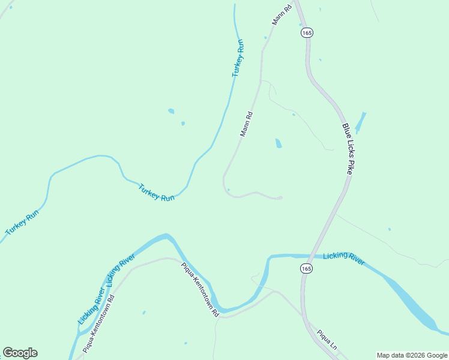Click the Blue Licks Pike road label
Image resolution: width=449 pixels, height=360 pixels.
point(347,149)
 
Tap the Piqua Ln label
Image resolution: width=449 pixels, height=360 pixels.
point(328,340)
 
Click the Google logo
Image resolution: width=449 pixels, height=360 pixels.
point(20,353)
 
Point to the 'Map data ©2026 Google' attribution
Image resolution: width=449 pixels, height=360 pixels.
point(412,355)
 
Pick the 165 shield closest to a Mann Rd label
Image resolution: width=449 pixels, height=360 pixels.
point(307,33)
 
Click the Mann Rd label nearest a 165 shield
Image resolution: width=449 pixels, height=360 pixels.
point(281,13)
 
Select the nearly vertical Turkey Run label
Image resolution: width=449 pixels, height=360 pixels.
point(238,58)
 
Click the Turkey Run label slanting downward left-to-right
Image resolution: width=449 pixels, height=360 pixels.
point(156,192)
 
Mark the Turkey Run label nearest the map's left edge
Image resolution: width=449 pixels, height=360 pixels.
point(22,222)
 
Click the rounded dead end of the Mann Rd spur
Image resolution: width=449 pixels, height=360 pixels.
point(280,197)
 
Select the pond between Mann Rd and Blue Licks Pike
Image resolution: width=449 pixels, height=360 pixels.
point(278,143)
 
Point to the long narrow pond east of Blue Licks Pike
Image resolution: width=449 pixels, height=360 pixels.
point(360,123)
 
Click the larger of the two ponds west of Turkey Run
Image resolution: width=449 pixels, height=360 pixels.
point(171,111)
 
